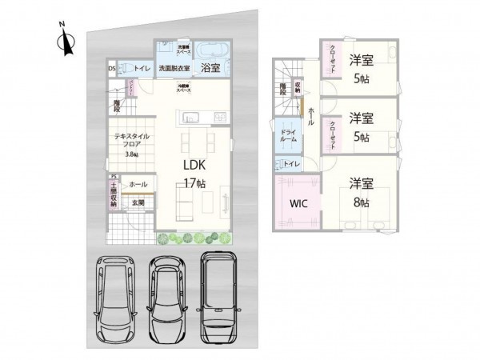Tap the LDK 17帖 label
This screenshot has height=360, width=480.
tap(197, 173)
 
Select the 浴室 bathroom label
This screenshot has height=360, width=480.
tap(211, 69)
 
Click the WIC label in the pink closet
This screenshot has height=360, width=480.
tap(298, 203)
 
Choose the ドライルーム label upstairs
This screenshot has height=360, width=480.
tap(289, 136)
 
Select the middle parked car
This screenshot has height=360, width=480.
tap(166, 298)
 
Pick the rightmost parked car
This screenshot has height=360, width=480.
tap(220, 294)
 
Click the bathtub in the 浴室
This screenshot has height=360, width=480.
tap(213, 49)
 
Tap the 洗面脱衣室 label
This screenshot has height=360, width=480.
tap(174, 69)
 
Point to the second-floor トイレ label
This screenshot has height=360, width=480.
tap(292, 165)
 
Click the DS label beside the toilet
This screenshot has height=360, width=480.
tap(112, 69)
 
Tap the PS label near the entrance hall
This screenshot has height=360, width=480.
tap(114, 177)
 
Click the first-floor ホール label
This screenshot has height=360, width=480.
tap(137, 183)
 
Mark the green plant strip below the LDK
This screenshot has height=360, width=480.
tap(194, 238)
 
